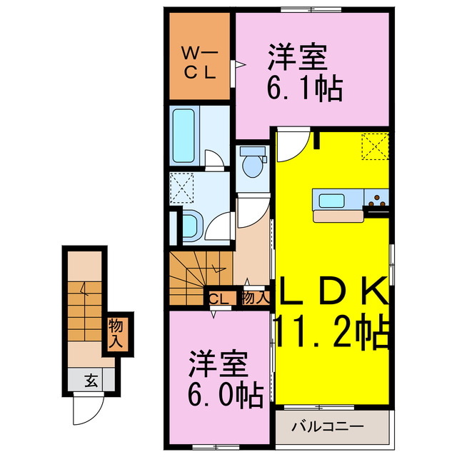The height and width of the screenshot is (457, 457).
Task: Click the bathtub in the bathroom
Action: (x=187, y=135)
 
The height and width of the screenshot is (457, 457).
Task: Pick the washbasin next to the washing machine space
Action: (x=191, y=224)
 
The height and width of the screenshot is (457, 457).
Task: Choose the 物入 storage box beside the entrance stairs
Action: (x=116, y=333)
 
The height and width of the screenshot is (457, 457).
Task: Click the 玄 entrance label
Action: (x=91, y=380)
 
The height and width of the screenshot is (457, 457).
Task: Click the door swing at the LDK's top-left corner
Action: (x=291, y=146)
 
